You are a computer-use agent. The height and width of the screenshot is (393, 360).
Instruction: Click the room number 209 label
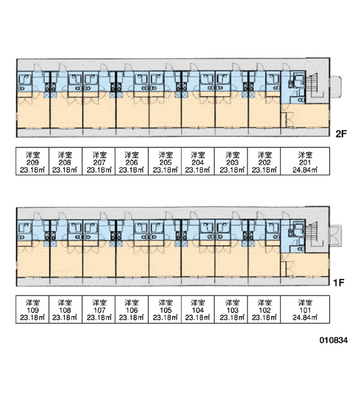coord(33,162)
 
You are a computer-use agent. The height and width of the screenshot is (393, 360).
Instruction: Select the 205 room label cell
coord(165,161)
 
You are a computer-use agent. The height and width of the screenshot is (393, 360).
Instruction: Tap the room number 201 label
coord(305,162)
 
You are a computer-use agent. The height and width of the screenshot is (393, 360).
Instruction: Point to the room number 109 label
coord(33,310)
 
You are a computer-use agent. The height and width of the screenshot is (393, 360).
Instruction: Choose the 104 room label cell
coord(198,309)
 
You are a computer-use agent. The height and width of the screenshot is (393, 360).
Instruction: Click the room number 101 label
coord(305,310)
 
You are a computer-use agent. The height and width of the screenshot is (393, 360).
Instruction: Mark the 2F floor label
coord(341,134)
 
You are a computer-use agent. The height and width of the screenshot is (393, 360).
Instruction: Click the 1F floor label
coord(338,283)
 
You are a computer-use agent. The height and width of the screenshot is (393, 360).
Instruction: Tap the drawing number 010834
coord(333,340)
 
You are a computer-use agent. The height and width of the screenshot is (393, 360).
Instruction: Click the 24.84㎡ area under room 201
coord(305,170)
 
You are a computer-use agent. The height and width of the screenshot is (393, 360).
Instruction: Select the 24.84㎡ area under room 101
coord(305,318)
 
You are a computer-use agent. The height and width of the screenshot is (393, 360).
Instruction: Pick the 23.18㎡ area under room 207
coord(99,170)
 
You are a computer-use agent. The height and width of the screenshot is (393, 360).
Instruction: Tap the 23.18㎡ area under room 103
coord(232,318)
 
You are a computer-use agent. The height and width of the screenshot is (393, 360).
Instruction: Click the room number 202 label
coord(264,162)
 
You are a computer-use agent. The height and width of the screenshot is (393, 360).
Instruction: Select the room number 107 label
coord(99,310)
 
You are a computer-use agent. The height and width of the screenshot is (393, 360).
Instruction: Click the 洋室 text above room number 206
coord(132,155)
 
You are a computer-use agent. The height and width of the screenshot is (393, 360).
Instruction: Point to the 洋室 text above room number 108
coord(65,303)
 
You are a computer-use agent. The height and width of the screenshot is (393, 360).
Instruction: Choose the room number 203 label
coord(232,162)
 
